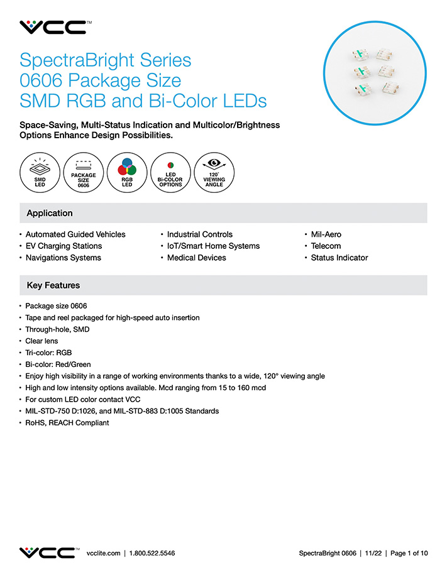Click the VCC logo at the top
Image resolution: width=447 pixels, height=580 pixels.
[53, 27]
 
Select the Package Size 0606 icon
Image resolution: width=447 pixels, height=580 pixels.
[84, 171]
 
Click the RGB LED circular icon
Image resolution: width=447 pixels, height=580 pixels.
[127, 171]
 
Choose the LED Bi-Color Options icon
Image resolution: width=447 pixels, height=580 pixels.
[170, 171]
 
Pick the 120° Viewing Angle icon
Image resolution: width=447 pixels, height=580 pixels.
[214, 171]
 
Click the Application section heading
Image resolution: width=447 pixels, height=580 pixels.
[50, 213]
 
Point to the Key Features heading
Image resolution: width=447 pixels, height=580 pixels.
[53, 285]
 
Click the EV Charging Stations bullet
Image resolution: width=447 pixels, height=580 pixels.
[63, 246]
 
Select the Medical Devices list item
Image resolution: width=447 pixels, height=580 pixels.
[196, 258]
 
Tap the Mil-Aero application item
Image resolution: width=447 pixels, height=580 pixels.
[326, 234]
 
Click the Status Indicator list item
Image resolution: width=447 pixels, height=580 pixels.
[339, 258]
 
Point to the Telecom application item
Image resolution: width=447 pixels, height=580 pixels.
[326, 246]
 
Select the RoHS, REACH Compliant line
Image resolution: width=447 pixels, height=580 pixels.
[67, 423]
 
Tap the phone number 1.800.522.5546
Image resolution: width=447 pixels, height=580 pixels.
[152, 554]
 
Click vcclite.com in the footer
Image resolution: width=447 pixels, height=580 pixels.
[103, 554]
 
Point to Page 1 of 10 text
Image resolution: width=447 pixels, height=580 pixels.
[409, 554]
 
